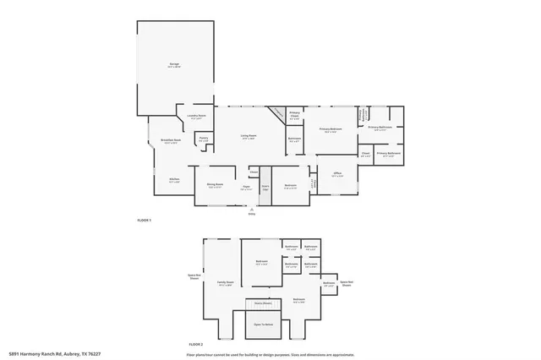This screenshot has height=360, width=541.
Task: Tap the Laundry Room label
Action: click(x=196, y=117)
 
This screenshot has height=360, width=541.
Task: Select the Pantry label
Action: click(x=204, y=139)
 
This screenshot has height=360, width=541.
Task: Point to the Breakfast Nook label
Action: click(x=171, y=140)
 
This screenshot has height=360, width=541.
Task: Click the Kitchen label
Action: click(x=174, y=178)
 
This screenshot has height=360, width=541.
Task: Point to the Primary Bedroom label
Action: click(x=331, y=128)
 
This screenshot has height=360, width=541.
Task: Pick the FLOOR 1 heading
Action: click(x=144, y=220)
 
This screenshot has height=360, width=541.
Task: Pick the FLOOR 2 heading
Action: click(x=195, y=344)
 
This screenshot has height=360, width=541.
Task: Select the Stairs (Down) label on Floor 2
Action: click(x=263, y=302)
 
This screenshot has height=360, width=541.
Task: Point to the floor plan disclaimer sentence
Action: click(x=270, y=354)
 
